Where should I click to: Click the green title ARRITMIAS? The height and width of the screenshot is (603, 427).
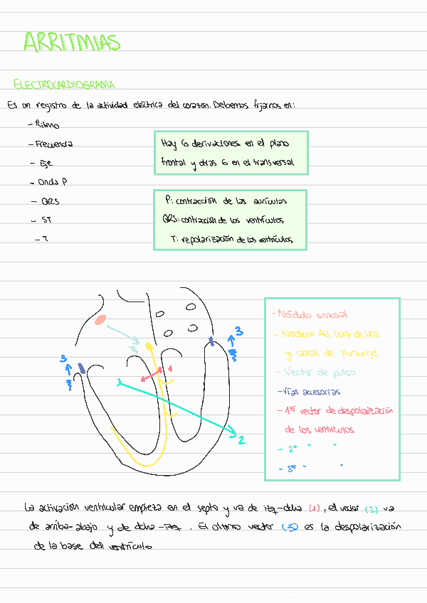tap(71, 42)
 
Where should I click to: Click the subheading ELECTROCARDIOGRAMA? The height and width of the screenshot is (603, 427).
tap(64, 85)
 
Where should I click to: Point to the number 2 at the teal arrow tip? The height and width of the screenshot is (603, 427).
tap(241, 440)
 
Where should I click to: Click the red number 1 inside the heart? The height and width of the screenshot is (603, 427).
tap(169, 368)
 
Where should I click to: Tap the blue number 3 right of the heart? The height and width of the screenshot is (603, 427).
tap(239, 331)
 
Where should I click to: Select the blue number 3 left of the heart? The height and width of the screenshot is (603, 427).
tap(63, 359)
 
